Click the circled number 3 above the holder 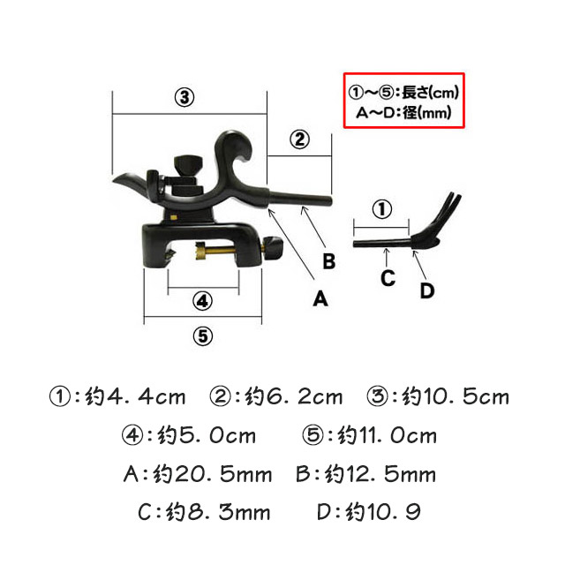184,98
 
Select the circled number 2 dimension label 299,139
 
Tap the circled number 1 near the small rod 380,209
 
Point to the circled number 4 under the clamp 203,300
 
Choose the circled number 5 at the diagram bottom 204,336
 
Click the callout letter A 321,298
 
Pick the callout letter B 328,261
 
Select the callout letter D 427,290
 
